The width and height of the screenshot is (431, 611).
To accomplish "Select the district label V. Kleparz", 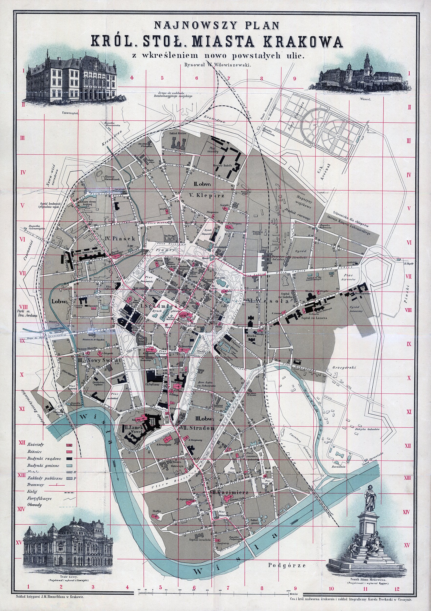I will [207, 195].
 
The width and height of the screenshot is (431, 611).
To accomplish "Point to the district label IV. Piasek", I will [120, 239].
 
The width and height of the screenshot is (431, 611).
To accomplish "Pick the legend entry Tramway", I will [35, 485].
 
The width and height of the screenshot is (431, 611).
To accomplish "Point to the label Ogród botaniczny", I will [357, 309].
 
